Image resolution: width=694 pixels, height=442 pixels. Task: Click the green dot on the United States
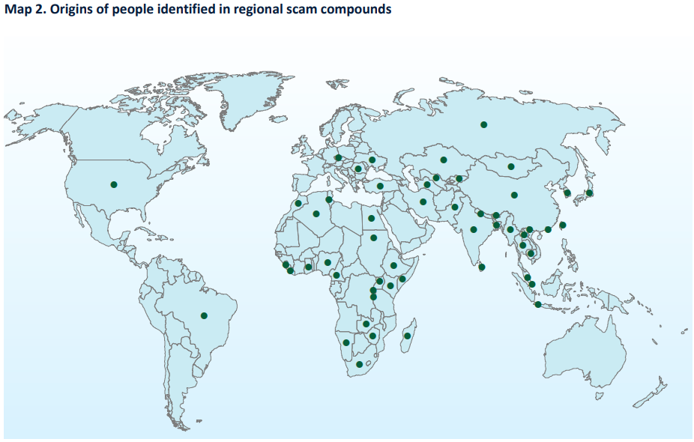tap(114, 184)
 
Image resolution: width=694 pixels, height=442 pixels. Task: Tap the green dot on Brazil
tap(204, 315)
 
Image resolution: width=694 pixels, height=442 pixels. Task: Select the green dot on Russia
tap(483, 124)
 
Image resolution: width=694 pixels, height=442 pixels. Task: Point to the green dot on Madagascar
tap(407, 336)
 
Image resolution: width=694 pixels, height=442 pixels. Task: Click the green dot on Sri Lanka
tap(482, 266)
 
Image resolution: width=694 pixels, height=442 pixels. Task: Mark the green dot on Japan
tap(589, 193)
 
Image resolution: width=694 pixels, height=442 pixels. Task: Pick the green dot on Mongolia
tap(510, 166)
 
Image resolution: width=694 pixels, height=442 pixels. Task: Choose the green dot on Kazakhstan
tap(444, 159)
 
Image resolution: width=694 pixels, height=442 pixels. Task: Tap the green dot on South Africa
tap(359, 364)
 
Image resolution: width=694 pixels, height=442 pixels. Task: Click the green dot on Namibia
tap(346, 342)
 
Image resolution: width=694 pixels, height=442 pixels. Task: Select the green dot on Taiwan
tap(562, 225)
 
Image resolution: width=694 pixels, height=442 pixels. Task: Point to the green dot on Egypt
tap(371, 219)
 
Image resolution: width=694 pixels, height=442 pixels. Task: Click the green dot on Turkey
tap(379, 186)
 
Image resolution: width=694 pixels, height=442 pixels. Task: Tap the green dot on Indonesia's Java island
tap(538, 304)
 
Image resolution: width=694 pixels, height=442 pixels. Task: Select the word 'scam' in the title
tap(289, 10)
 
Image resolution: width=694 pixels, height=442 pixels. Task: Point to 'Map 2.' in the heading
tap(22, 10)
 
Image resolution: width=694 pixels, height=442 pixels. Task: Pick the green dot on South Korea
tap(567, 193)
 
